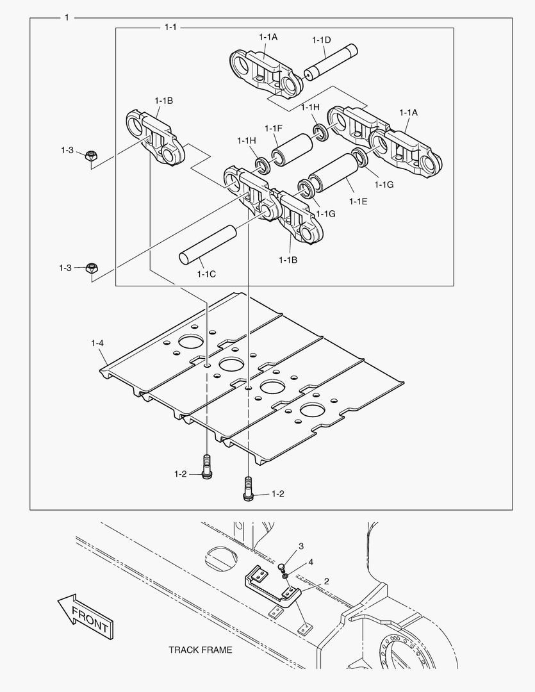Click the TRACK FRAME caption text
[x=201, y=650]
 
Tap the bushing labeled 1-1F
[x=291, y=149]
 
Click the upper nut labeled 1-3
[x=91, y=155]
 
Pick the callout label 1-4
[x=97, y=344]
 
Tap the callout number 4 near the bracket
[x=310, y=562]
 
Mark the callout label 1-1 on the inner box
[x=170, y=28]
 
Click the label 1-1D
[x=321, y=40]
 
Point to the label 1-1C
[x=206, y=274]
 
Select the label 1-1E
[x=358, y=201]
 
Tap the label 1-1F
[x=273, y=127]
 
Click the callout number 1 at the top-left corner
[x=67, y=17]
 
